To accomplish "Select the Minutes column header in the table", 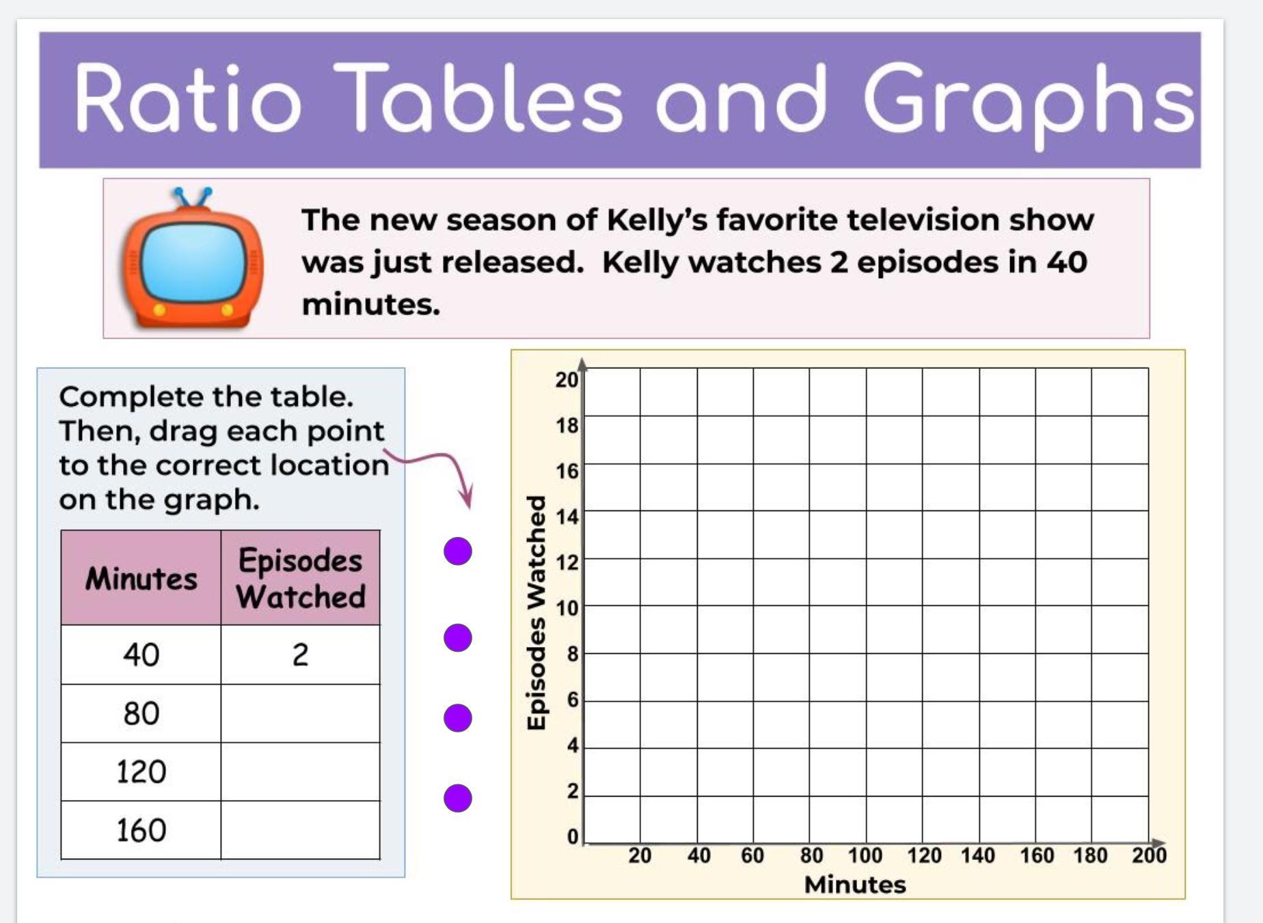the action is (141, 577).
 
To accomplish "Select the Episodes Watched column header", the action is (301, 577).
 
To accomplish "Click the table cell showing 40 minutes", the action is (141, 655).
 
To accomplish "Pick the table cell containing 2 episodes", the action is (301, 655).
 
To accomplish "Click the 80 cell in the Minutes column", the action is (141, 713).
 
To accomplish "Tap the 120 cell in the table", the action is (141, 772).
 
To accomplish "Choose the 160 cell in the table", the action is (141, 830).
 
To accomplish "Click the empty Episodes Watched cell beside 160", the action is (301, 830).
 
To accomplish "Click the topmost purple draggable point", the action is (458, 551).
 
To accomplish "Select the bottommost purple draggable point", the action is (458, 798).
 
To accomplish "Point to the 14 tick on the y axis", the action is (567, 516).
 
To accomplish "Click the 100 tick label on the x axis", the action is (865, 855).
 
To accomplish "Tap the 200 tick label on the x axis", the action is (1150, 855).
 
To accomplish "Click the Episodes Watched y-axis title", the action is (537, 613).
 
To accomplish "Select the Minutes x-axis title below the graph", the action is (855, 885).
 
